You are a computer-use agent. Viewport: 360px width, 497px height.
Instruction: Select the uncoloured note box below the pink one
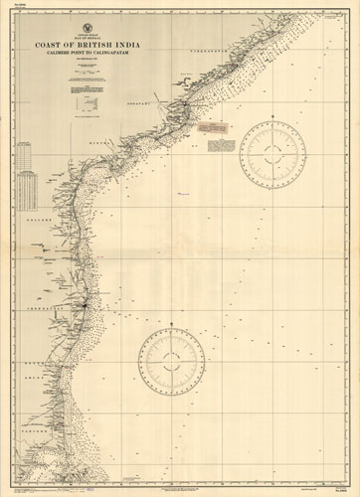221,146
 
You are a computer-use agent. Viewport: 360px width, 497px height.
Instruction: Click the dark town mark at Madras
88,304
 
